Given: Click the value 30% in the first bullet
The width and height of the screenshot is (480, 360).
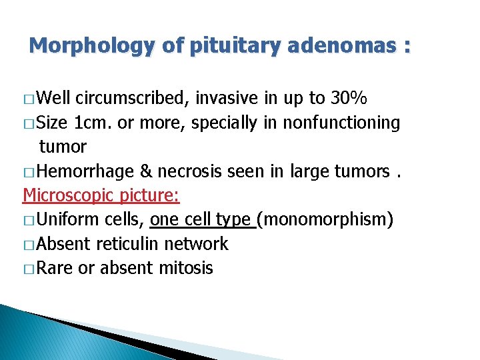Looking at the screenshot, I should pyautogui.click(x=349, y=99).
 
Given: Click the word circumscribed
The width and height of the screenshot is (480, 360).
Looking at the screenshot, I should pyautogui.click(x=133, y=99).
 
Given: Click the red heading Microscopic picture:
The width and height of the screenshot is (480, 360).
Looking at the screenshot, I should pyautogui.click(x=101, y=195).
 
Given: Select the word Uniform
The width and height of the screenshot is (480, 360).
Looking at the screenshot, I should pyautogui.click(x=67, y=219).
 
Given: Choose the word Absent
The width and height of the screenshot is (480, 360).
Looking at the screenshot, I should pyautogui.click(x=64, y=244).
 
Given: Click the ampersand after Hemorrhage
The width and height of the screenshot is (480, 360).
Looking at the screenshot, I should pyautogui.click(x=146, y=171).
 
